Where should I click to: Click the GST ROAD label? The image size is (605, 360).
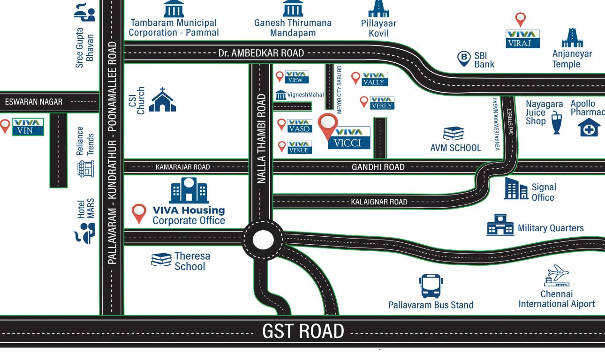coord(303,331)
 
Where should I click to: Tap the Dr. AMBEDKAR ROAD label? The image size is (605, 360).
coord(261,53)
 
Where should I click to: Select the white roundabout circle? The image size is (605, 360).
coord(263,240)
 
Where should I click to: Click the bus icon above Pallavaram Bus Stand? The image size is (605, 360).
coord(431,286)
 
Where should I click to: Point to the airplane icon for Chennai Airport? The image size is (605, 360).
coord(557,276)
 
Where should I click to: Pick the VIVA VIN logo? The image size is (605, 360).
coord(28,127)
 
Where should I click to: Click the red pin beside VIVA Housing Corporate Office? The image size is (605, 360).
coord(139,213)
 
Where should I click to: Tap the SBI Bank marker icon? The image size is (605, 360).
coord(464,59)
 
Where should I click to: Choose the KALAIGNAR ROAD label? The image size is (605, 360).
coord(379,202)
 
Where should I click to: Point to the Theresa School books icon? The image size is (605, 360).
coord(161,260)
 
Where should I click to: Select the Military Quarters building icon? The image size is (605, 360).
coord(500,225)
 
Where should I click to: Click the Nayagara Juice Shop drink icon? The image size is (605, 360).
coord(557,123)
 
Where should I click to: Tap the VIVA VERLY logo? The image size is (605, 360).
coord(382,103)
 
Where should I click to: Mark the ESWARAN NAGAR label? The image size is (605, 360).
coord(34,102)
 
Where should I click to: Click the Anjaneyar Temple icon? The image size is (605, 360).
coord(572,37)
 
